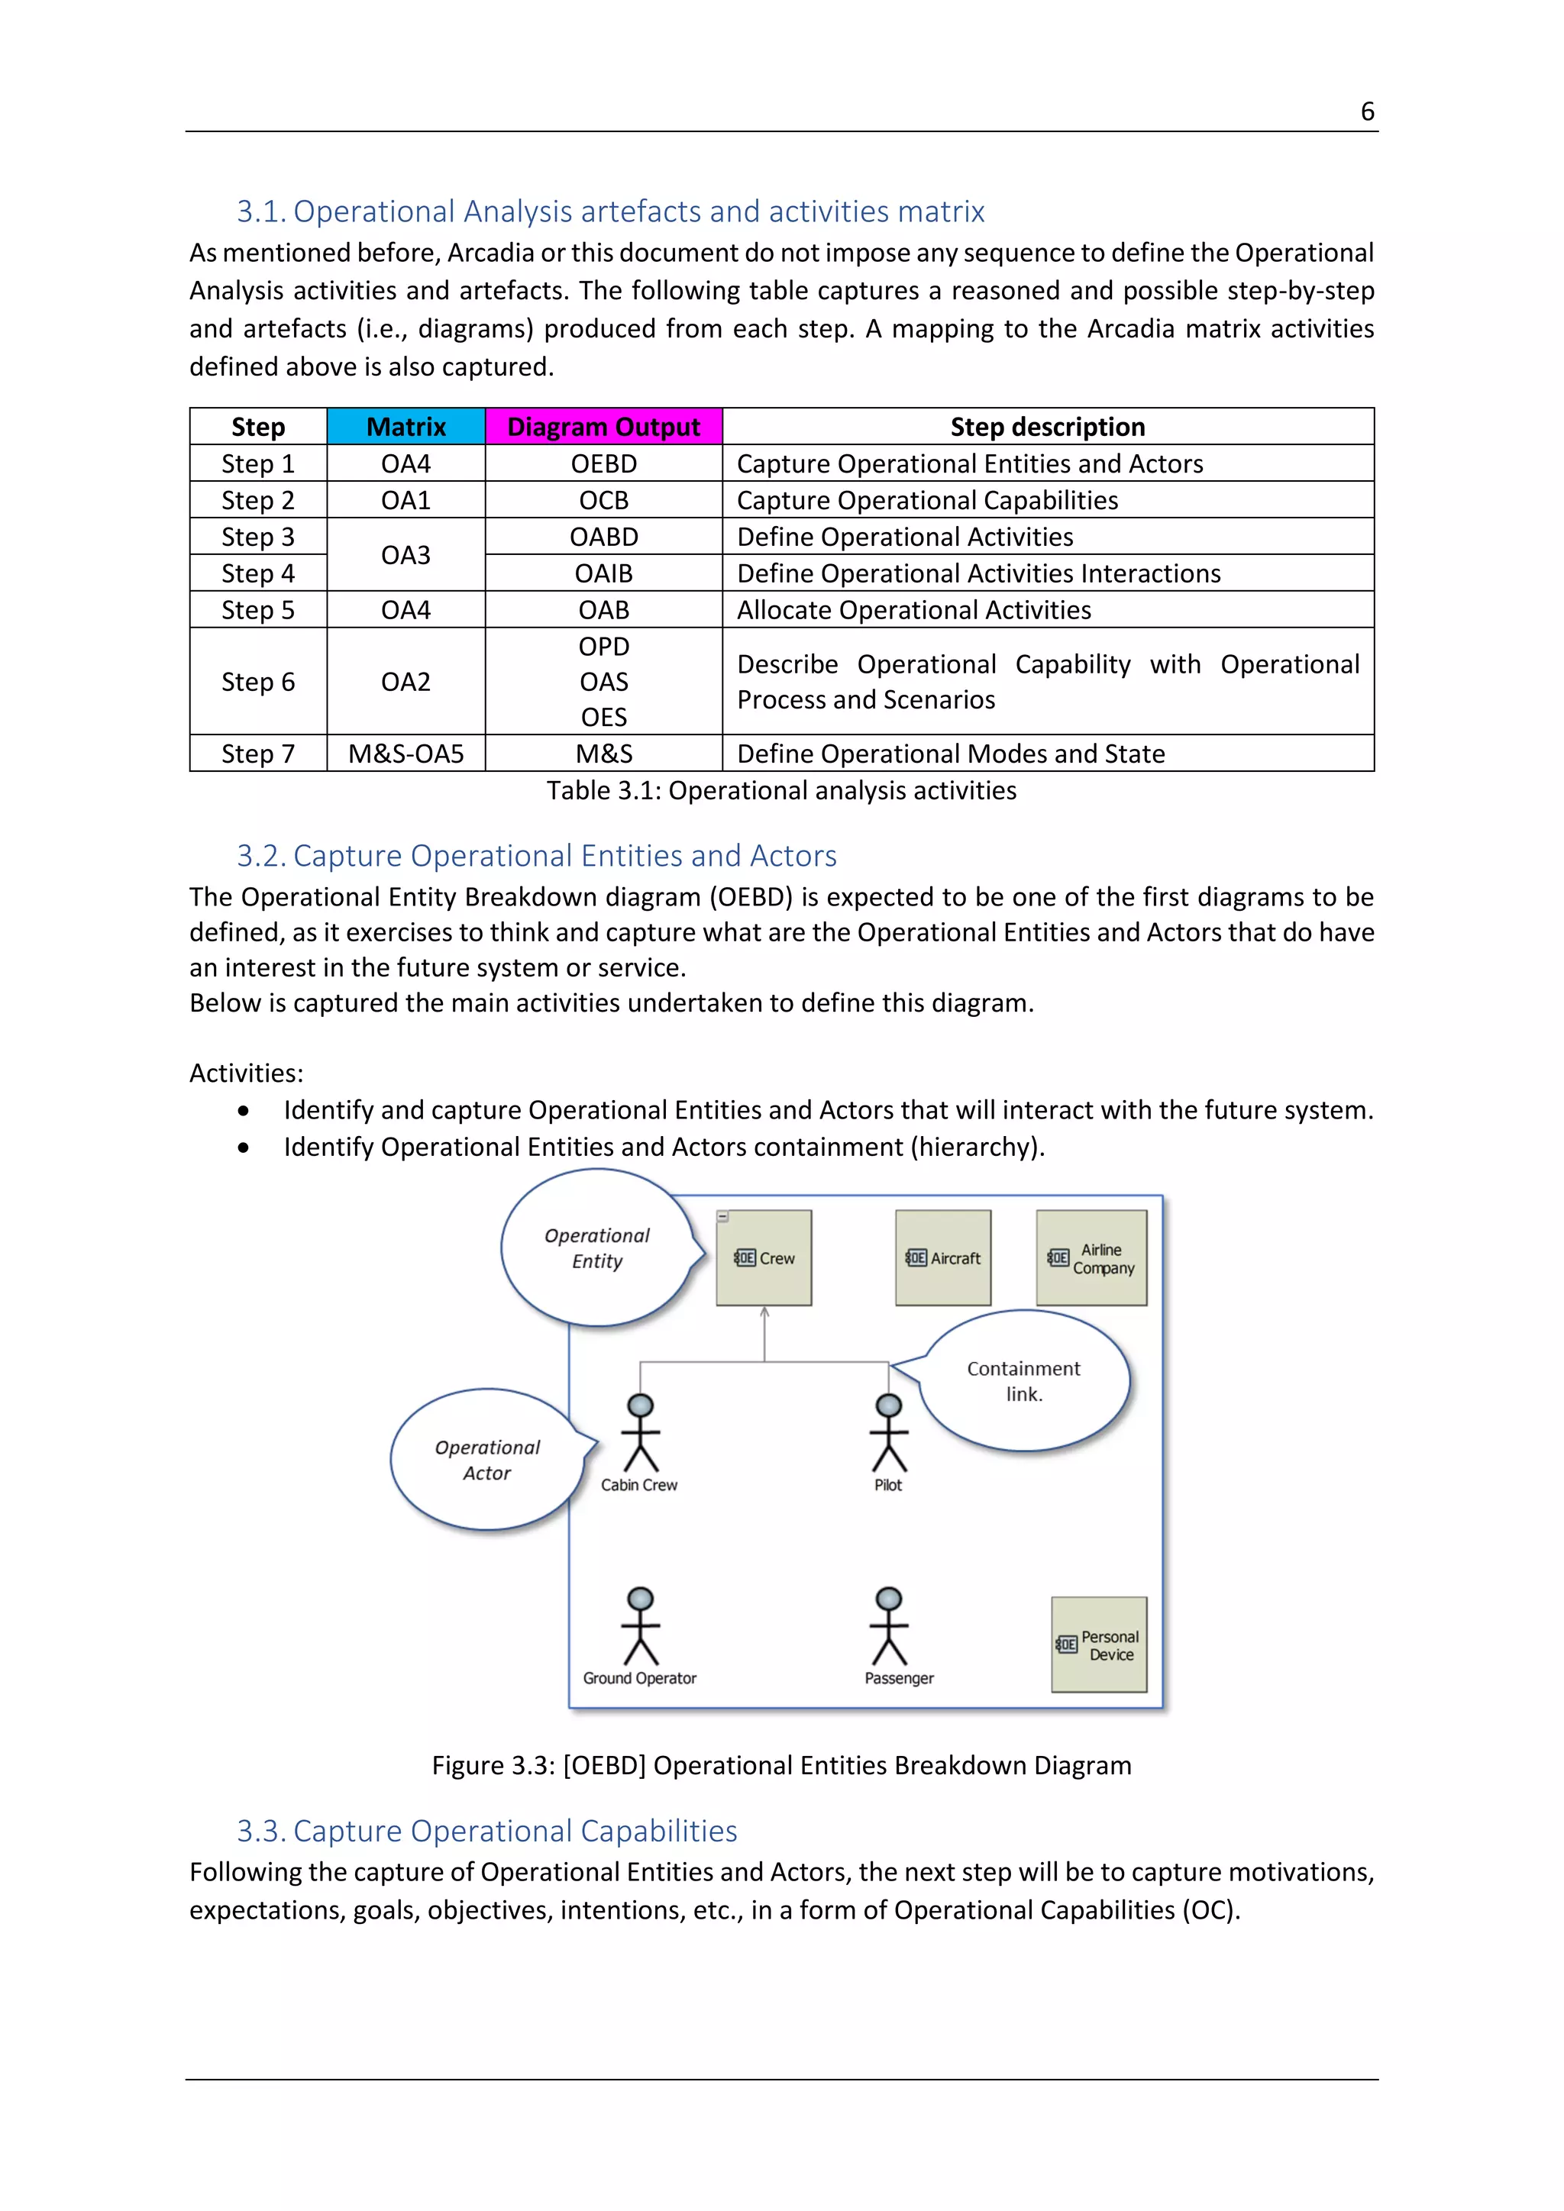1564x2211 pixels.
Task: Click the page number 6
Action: [x=1366, y=111]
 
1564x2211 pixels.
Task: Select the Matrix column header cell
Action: [x=406, y=427]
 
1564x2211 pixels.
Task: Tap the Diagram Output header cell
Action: [x=604, y=427]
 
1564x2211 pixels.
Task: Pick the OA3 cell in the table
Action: [x=406, y=555]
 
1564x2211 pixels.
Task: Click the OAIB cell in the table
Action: [x=604, y=573]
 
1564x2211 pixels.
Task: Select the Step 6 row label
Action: [x=258, y=682]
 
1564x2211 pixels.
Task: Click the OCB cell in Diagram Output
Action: [x=604, y=500]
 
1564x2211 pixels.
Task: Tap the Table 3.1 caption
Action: [x=781, y=791]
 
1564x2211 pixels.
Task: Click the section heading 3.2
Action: [x=536, y=855]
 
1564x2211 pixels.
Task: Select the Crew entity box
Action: [x=764, y=1257]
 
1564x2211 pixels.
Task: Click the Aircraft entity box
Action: [x=943, y=1257]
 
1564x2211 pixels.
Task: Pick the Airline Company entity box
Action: [x=1091, y=1257]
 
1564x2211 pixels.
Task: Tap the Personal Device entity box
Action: [x=1099, y=1645]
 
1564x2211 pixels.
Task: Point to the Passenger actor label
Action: [x=899, y=1678]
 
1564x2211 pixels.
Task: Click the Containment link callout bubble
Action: [x=1024, y=1381]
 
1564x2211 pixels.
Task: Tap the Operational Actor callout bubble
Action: [x=487, y=1460]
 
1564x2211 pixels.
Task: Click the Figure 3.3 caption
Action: [x=781, y=1765]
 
